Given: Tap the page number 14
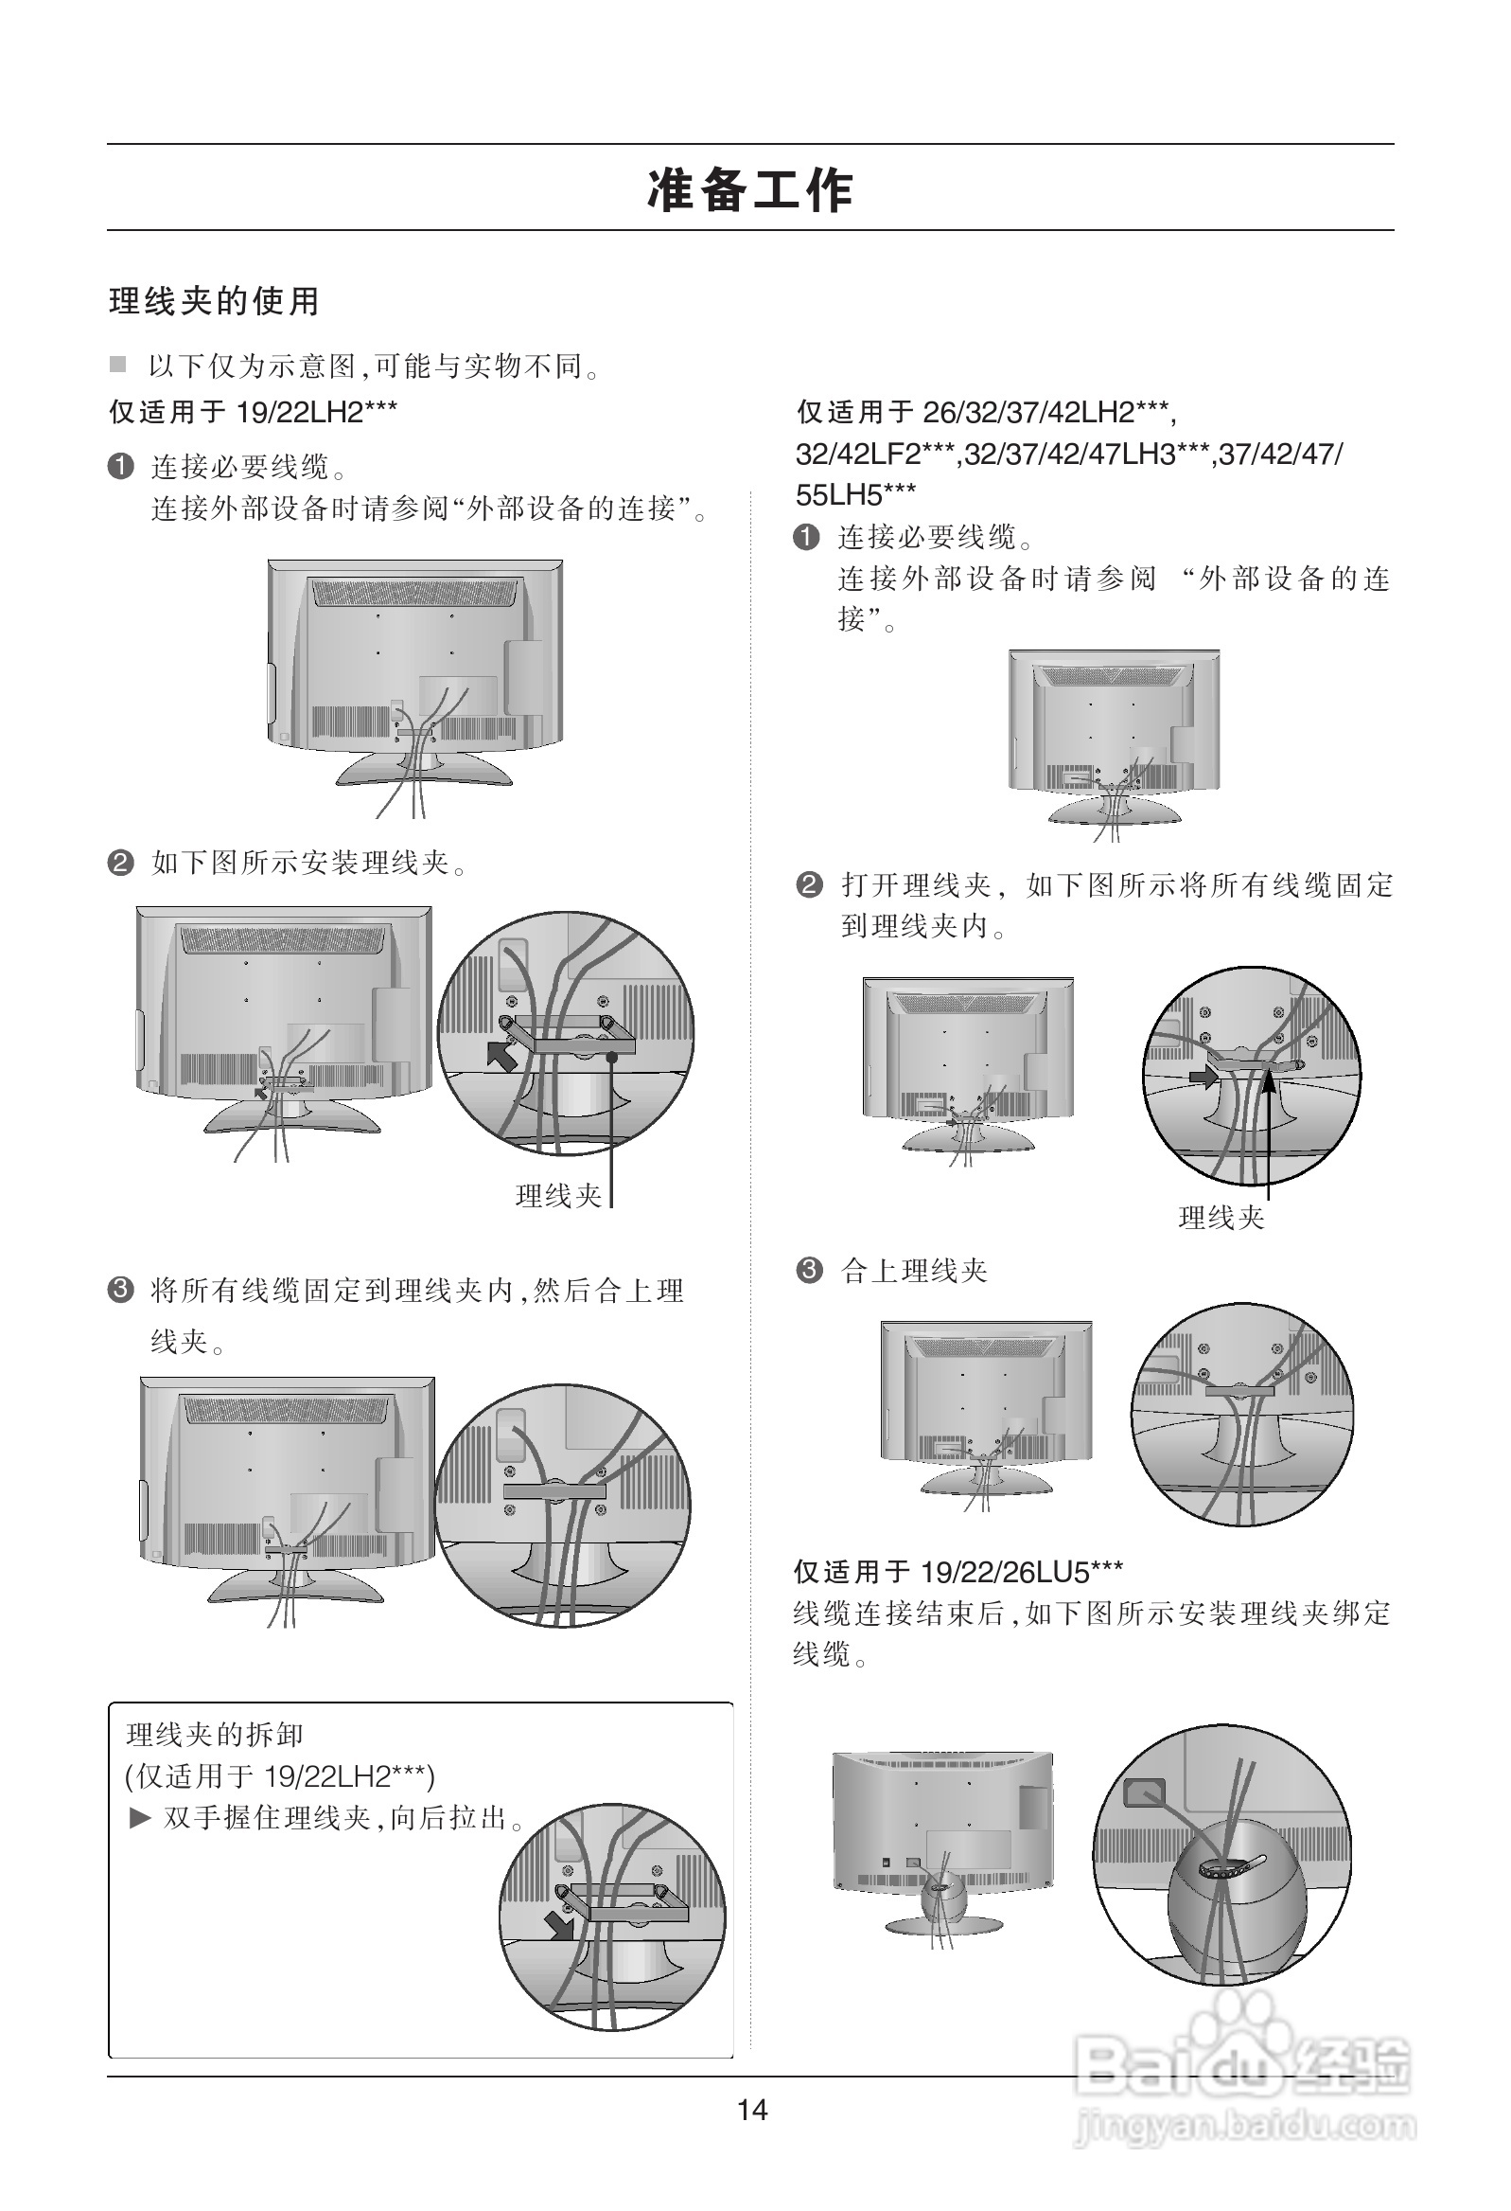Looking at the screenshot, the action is [752, 2110].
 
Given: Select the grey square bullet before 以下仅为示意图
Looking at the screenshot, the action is [118, 365].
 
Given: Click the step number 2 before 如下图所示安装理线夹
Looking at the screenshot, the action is [121, 863].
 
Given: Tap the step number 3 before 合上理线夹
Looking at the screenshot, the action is [808, 1270].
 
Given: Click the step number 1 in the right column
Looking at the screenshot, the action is [806, 538].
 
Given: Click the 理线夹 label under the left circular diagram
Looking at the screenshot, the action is [558, 1196].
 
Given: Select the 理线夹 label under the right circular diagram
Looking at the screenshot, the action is [1221, 1218].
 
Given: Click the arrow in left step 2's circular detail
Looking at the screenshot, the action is [502, 1054].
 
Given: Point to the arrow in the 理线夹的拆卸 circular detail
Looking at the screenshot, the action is [559, 1926].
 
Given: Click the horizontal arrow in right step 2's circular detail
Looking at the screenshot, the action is [1203, 1077].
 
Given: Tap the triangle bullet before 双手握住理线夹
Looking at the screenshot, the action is [140, 1818].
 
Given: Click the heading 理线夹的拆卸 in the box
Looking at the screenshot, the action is [215, 1735].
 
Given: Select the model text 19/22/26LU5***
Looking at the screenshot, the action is [1022, 1572].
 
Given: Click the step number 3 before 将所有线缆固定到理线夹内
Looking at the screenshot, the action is [121, 1290].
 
